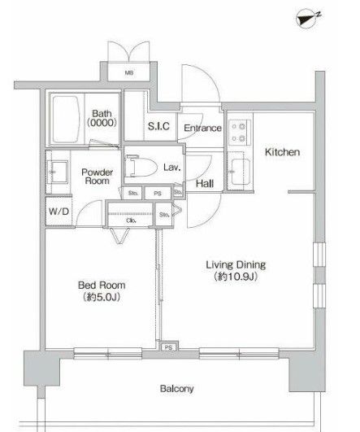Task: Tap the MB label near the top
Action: [129, 72]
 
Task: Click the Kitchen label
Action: [282, 152]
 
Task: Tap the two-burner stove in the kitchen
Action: [239, 133]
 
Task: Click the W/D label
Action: [58, 212]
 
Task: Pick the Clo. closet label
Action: [130, 220]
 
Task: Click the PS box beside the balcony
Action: [168, 347]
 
